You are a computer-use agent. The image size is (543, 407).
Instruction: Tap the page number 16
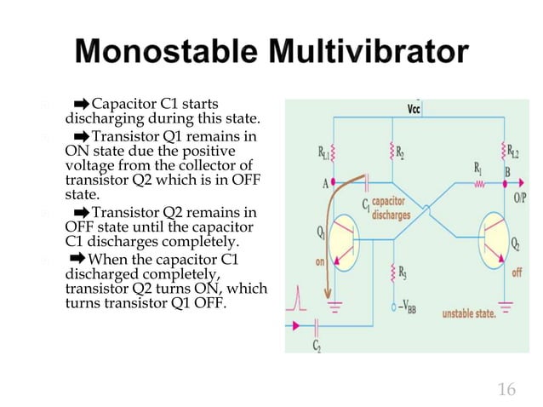tap(506, 390)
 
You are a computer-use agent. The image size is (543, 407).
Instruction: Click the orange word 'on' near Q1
tap(319, 263)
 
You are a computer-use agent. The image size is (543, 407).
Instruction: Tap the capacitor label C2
tap(316, 345)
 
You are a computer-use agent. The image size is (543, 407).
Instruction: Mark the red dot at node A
tap(333, 181)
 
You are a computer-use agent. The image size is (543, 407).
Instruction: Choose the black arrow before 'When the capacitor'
tap(77, 258)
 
